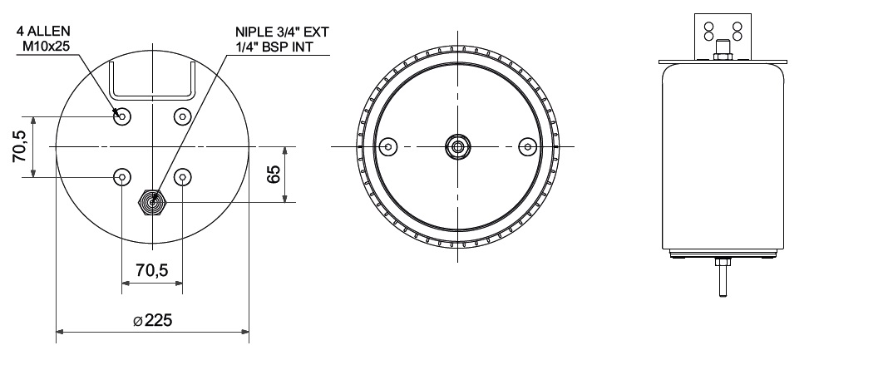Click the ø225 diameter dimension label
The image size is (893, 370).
click(153, 320)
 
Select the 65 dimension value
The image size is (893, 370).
click(274, 174)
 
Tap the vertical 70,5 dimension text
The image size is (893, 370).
click(19, 146)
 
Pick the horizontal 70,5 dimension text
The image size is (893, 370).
click(152, 270)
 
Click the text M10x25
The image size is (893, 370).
click(46, 46)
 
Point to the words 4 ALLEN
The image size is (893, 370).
click(43, 32)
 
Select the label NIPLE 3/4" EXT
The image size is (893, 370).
click(282, 32)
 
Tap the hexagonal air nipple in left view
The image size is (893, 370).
click(153, 202)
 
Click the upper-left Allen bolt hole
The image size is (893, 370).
click(122, 116)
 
